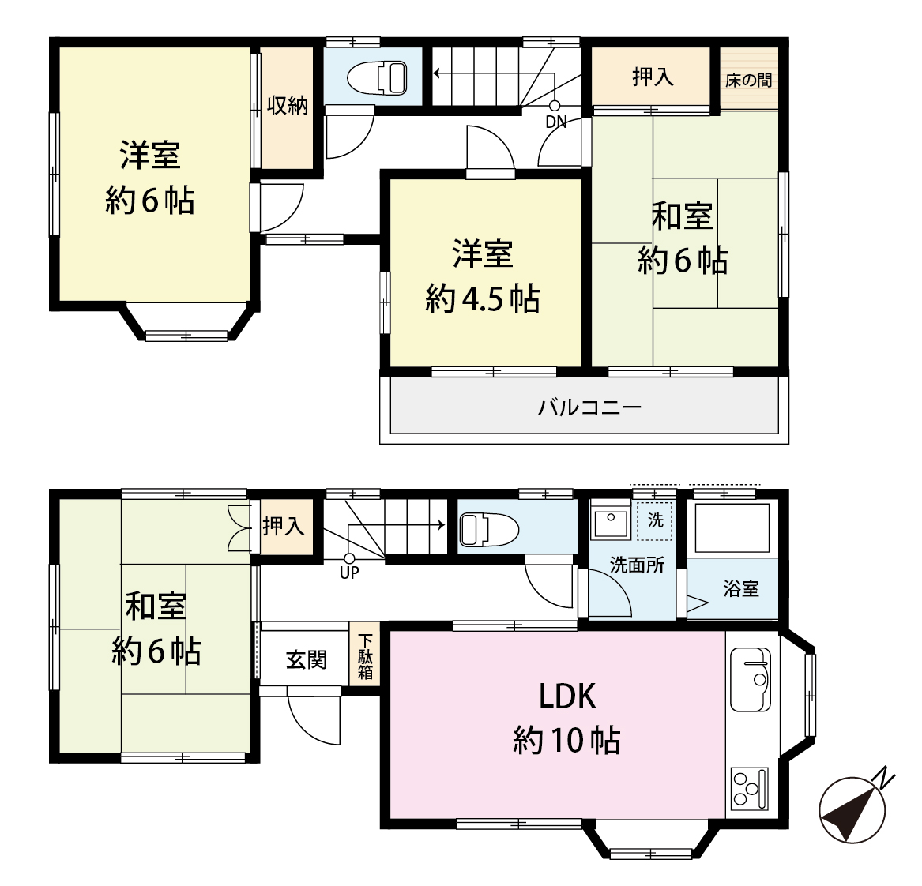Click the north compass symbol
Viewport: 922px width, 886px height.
tap(852, 809)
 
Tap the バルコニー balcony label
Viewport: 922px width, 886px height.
tap(589, 407)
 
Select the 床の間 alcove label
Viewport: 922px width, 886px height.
tap(748, 80)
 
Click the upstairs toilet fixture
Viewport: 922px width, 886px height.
tap(377, 77)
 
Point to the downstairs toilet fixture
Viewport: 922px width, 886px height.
tap(489, 529)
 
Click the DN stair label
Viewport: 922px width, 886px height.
tap(556, 122)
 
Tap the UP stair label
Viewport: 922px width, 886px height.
tap(349, 573)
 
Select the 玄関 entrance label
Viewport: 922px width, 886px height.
tap(307, 660)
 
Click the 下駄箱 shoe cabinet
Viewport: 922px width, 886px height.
tap(365, 656)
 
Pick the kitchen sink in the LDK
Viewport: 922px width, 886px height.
tap(751, 679)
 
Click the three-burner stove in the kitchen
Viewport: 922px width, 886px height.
tap(749, 788)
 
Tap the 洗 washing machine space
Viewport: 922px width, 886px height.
tap(655, 520)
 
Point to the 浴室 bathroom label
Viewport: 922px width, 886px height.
tap(741, 588)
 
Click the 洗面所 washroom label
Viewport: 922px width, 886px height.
tap(638, 565)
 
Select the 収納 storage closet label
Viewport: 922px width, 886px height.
tap(288, 106)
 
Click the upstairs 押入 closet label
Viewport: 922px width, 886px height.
tap(653, 77)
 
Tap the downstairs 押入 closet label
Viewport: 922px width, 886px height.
tap(284, 526)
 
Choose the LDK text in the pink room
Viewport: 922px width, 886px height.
tap(567, 696)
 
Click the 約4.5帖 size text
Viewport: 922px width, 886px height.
tap(482, 299)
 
